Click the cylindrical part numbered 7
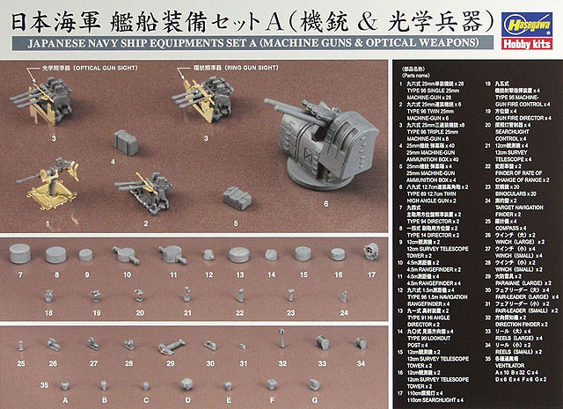pos(22,256)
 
